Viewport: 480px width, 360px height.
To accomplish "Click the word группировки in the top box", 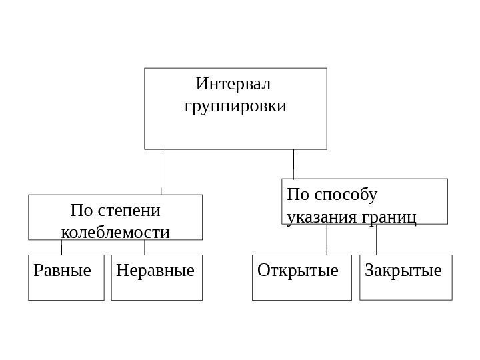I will (235, 106).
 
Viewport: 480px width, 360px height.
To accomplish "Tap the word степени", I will (129, 211).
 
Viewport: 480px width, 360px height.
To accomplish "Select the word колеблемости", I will (115, 233).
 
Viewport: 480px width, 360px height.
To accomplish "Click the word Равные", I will (61, 271).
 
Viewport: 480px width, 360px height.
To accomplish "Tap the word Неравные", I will (155, 271).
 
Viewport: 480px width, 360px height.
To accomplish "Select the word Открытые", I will (297, 271).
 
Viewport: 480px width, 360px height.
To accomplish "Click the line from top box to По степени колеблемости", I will (161, 171).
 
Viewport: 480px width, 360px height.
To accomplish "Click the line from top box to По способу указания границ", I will (293, 163).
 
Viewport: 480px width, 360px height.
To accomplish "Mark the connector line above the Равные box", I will (62, 247).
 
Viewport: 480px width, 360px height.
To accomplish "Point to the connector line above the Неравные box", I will (145, 247).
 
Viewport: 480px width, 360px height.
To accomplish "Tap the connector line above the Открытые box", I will (327, 239).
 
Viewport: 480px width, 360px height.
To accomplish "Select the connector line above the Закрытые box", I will (377, 239).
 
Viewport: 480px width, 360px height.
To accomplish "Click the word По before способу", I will (298, 195).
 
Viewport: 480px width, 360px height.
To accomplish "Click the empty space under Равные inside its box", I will (66, 289).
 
